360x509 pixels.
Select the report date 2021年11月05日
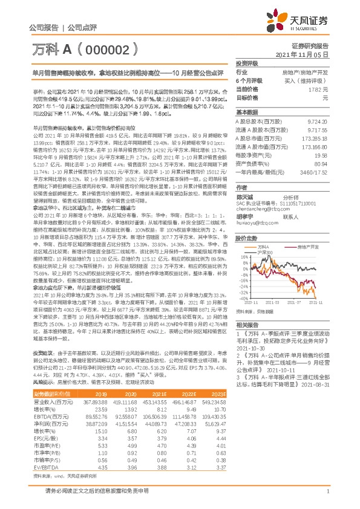[306, 54]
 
